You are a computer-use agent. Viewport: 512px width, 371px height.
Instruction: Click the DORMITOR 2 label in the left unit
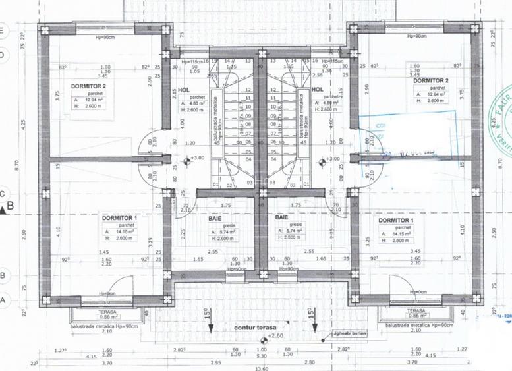88,86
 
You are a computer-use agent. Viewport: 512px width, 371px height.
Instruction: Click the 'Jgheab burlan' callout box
348,334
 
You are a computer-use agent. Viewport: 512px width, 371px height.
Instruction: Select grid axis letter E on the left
3,30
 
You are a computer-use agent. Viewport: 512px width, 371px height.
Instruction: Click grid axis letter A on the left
3,300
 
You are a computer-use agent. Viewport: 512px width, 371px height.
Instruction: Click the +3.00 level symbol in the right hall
327,159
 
